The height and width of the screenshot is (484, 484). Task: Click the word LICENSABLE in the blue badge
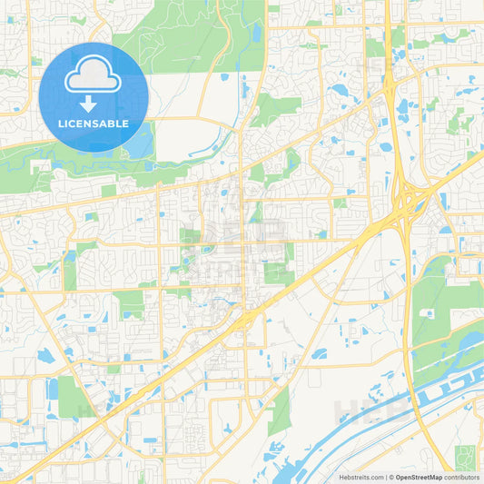tap(94, 123)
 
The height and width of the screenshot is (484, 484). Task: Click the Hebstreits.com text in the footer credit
tap(361, 477)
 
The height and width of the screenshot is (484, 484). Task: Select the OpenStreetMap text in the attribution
tap(419, 477)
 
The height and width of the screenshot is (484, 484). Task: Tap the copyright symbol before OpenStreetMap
tap(390, 477)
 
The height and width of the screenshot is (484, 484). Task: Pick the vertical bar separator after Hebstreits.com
tap(385, 477)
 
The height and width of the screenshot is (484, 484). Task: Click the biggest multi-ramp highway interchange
tap(410, 194)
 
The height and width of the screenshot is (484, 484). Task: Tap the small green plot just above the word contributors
tap(465, 458)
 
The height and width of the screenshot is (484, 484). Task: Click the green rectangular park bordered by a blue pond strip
tap(71, 396)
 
